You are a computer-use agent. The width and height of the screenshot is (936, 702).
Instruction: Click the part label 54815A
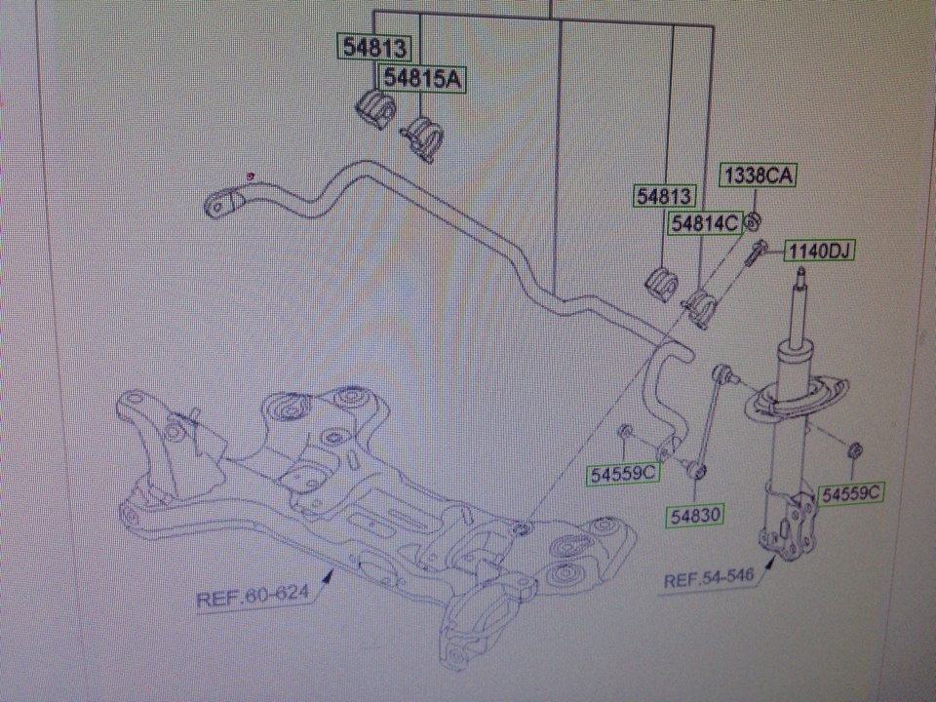pyautogui.click(x=421, y=78)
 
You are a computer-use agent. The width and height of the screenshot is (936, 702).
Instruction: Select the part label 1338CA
pyautogui.click(x=759, y=175)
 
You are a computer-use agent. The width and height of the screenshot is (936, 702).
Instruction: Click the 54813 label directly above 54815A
pyautogui.click(x=372, y=46)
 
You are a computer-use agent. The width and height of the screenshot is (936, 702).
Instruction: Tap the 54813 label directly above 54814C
pyautogui.click(x=664, y=195)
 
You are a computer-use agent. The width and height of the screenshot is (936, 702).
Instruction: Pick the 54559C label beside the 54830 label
pyautogui.click(x=624, y=474)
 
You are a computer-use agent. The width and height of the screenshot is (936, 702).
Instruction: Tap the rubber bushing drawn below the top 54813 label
pyautogui.click(x=373, y=105)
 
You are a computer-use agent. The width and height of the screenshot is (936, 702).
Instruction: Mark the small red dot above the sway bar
pyautogui.click(x=252, y=175)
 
